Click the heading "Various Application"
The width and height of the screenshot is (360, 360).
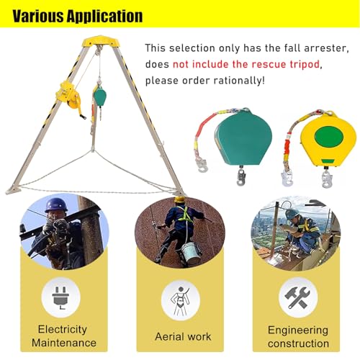point(78,17)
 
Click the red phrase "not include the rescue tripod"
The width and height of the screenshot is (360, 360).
point(246,64)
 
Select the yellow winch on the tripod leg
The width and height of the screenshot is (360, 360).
point(68,95)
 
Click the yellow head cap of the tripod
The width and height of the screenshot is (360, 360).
point(100,42)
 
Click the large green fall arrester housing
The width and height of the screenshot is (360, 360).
point(243,138)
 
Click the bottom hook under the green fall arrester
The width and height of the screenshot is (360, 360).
point(240,177)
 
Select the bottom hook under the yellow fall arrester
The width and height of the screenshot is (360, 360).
point(326,179)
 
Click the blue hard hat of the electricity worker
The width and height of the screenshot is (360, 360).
point(56,204)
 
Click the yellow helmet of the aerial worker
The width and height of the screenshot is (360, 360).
point(180,199)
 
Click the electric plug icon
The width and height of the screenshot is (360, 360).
point(60,298)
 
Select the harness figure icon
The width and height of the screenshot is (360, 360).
point(179,301)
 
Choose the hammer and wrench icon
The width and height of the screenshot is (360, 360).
point(297,298)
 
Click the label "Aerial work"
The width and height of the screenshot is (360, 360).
point(183,336)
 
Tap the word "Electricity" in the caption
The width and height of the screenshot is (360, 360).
point(63,329)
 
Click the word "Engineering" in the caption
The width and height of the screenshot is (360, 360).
point(298,330)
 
